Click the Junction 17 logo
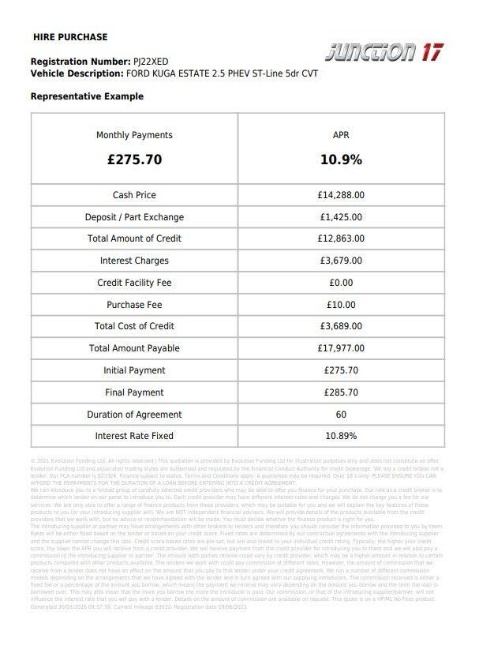tap(384, 52)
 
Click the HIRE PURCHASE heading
tap(70, 37)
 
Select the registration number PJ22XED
tap(151, 62)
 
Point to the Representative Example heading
tap(87, 96)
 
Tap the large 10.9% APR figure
tap(341, 159)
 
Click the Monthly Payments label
tap(134, 135)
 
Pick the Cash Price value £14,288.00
tap(341, 195)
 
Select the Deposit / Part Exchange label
tap(134, 217)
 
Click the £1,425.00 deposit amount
tap(341, 217)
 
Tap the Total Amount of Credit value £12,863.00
tap(341, 238)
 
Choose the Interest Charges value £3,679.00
tap(341, 261)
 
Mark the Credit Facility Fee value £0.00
tap(341, 283)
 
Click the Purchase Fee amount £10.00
tap(341, 305)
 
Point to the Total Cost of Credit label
tap(134, 326)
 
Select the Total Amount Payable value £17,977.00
tap(341, 348)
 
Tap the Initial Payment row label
tap(134, 370)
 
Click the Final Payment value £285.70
tap(341, 392)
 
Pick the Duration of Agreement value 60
tap(341, 415)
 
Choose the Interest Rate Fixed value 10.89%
tap(341, 436)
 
